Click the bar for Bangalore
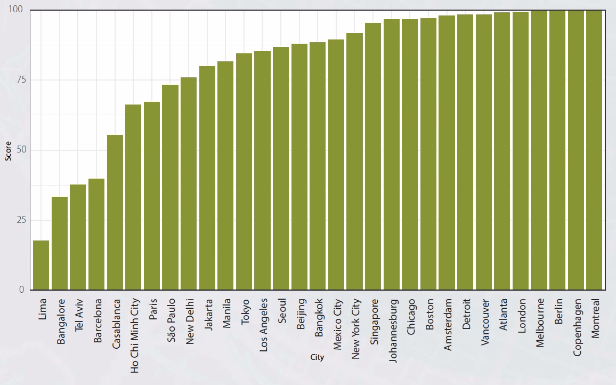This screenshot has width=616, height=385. pyautogui.click(x=60, y=243)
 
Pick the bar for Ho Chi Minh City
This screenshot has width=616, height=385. pyautogui.click(x=133, y=197)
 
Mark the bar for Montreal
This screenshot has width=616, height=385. pyautogui.click(x=594, y=150)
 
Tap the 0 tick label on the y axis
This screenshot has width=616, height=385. pyautogui.click(x=22, y=290)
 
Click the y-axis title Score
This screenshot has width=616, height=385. pyautogui.click(x=8, y=151)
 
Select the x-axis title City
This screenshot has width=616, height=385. pyautogui.click(x=317, y=357)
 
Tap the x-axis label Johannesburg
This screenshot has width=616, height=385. pyautogui.click(x=393, y=331)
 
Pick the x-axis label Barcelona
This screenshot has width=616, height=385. pyautogui.click(x=97, y=323)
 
